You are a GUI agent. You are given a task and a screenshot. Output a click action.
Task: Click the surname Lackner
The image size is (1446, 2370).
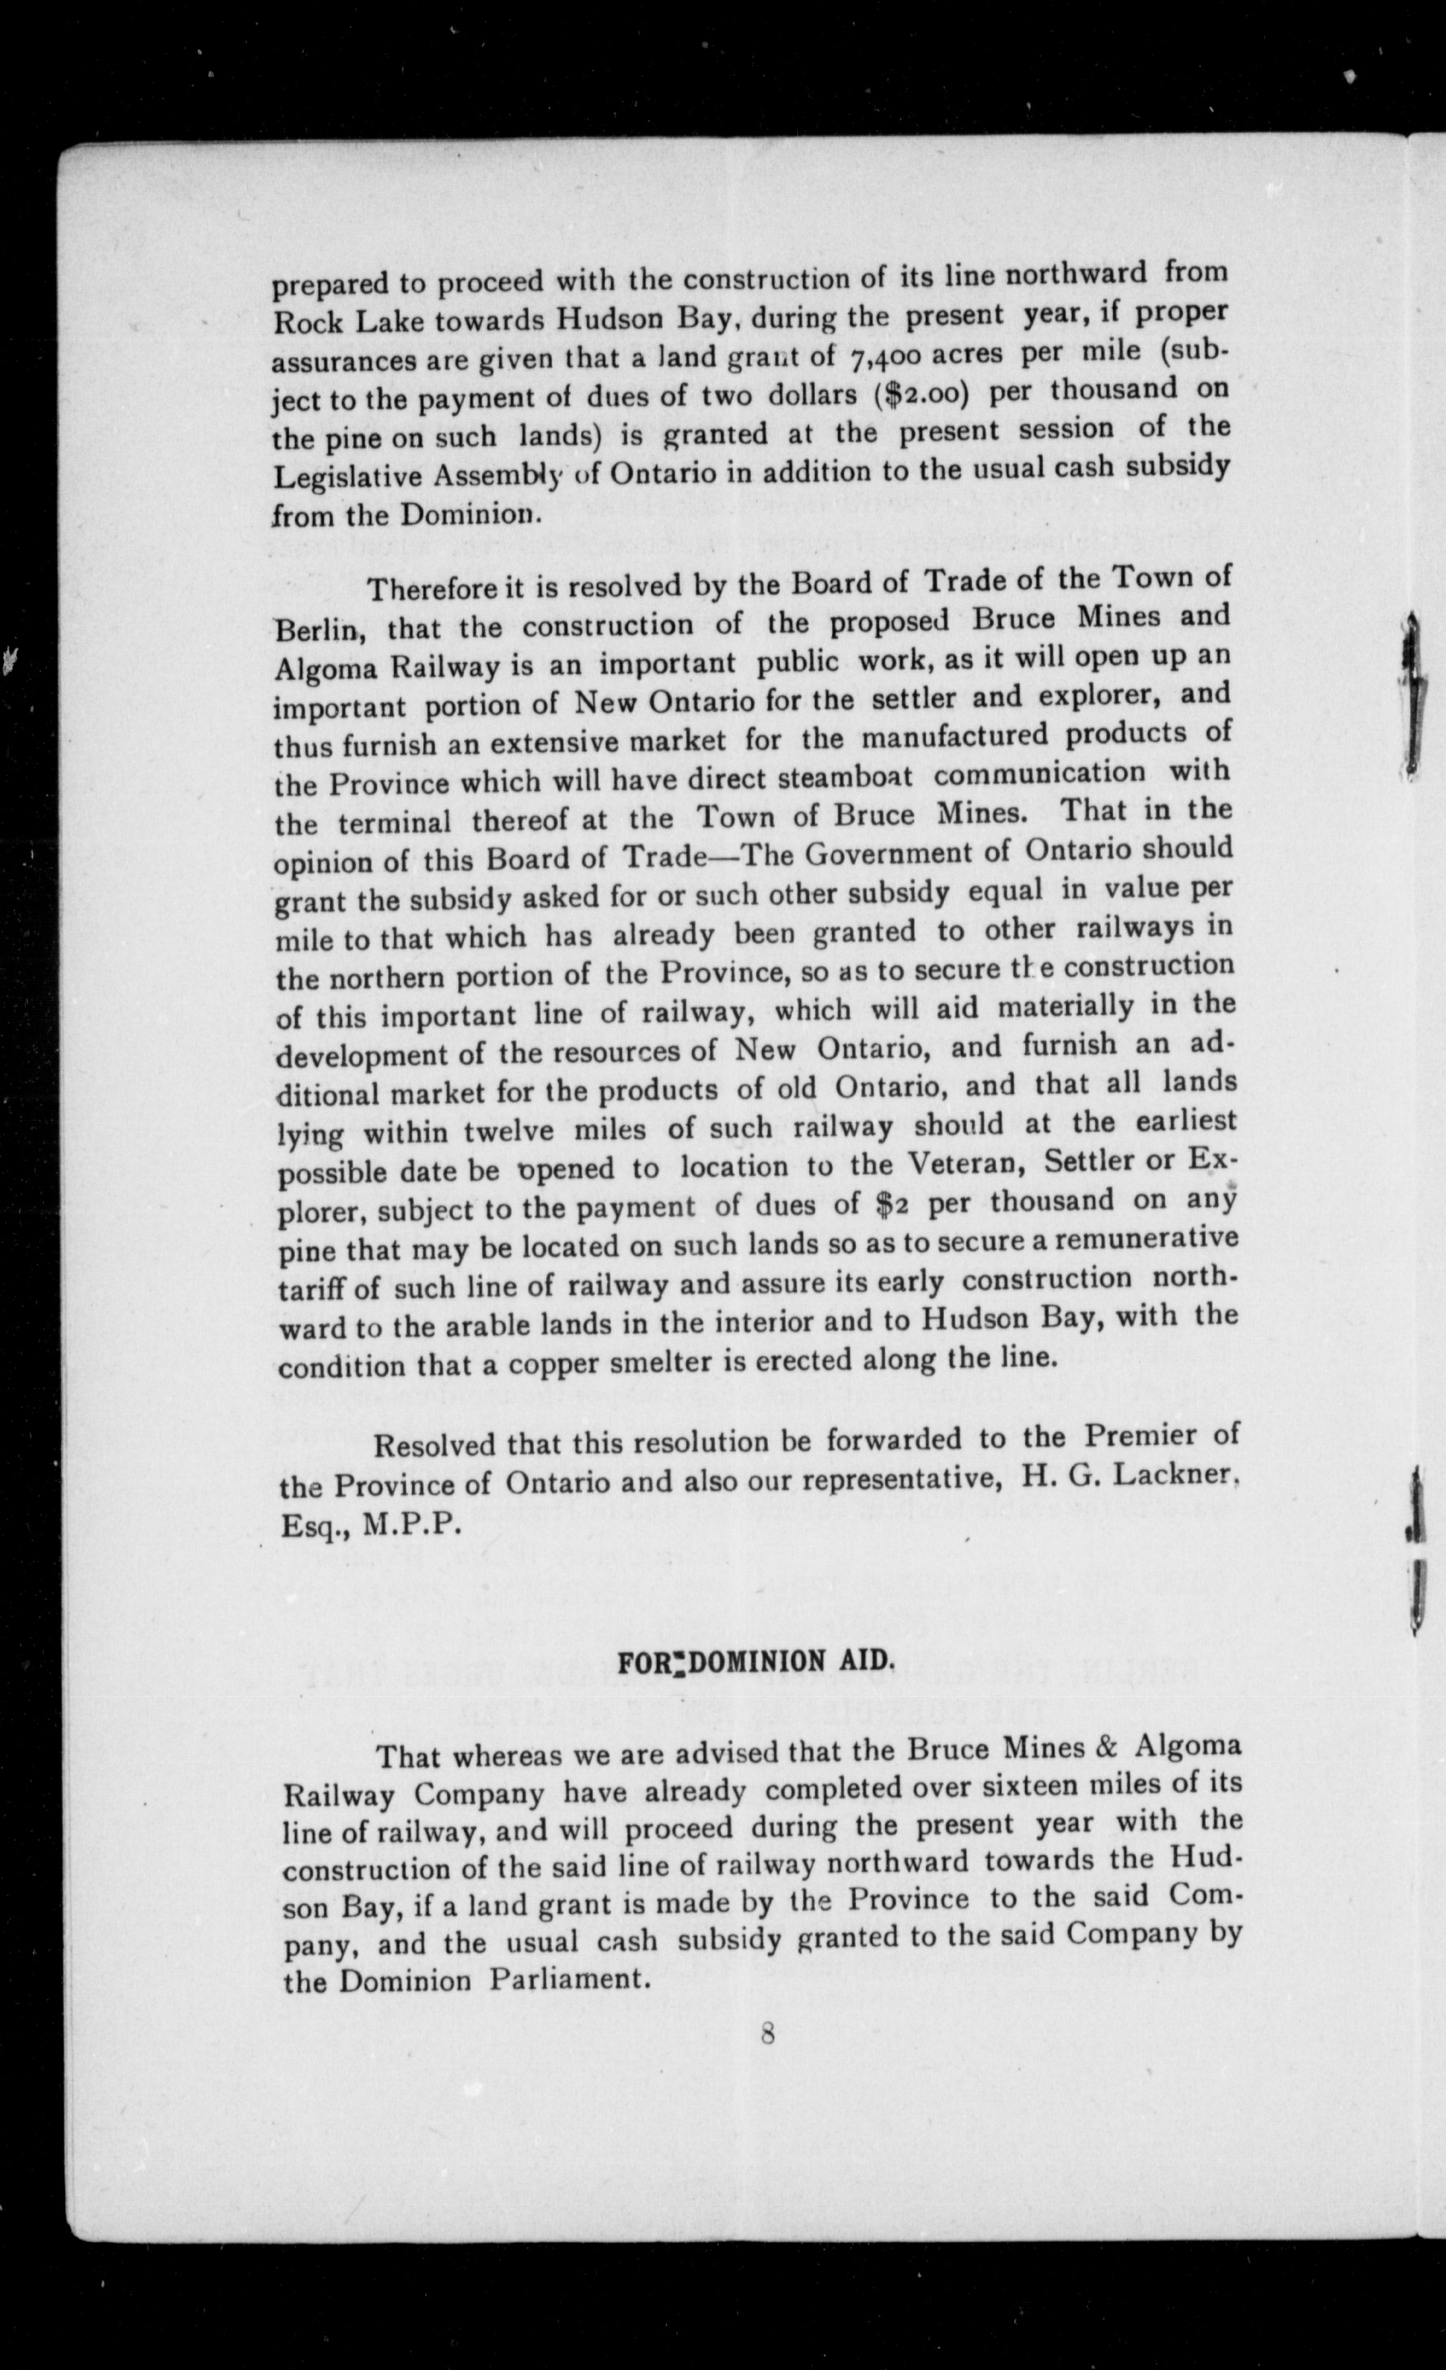(1183, 1476)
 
